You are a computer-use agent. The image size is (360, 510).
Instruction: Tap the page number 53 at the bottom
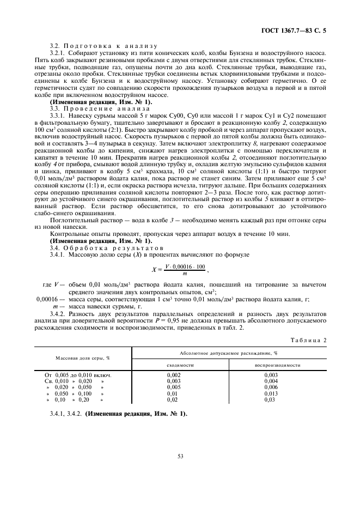click(180, 456)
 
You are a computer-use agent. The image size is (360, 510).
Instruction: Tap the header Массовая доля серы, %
click(82, 357)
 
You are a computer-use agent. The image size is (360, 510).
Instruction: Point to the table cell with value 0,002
click(173, 375)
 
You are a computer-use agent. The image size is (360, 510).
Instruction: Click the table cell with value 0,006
click(271, 386)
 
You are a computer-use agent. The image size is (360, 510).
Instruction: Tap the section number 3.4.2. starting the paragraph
click(58, 314)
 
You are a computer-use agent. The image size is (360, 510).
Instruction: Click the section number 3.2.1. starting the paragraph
click(58, 52)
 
